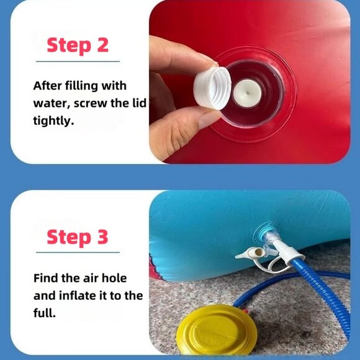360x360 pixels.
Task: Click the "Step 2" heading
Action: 78,45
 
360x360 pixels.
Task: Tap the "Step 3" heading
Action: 78,237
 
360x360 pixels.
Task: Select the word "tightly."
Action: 54,120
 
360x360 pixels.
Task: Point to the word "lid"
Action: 140,102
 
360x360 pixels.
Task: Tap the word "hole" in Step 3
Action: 114,278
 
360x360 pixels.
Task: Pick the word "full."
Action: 45,312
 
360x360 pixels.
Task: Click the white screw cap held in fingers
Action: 212,88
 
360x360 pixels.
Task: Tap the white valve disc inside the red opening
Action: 247,93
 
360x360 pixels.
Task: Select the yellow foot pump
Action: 217,331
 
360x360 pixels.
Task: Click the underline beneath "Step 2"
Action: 78,61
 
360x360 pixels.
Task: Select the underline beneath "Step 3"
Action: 78,253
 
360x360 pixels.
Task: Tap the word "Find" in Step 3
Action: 46,278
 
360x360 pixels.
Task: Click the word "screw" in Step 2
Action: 91,104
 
